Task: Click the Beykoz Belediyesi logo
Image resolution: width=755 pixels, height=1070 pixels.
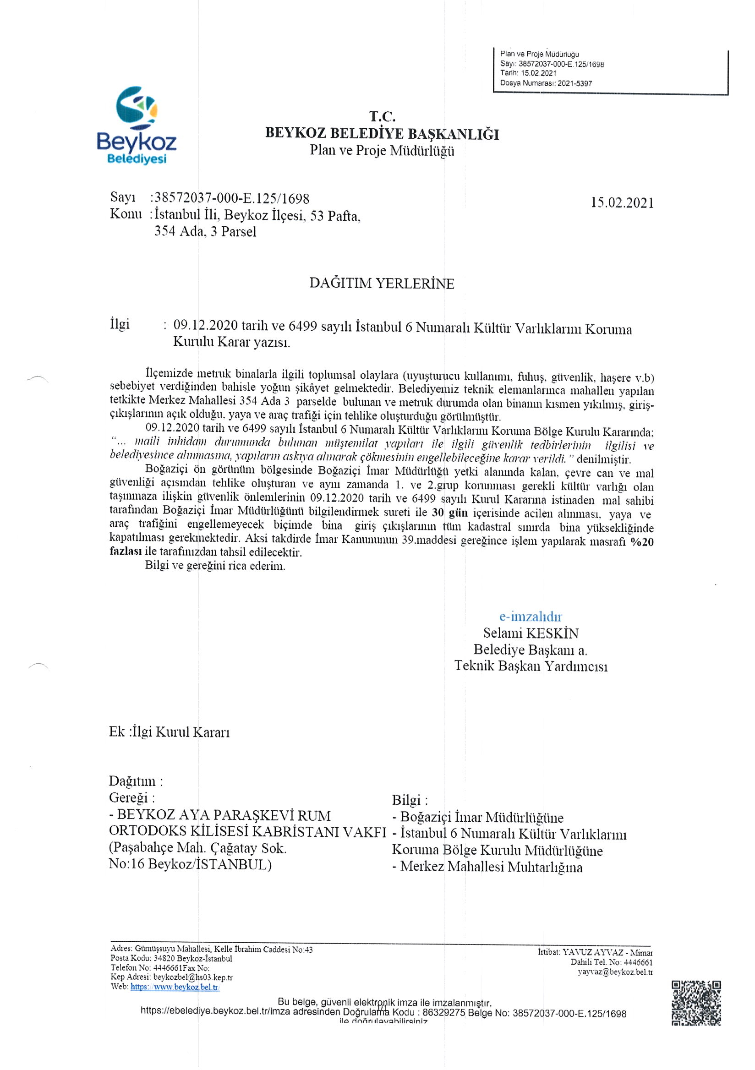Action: click(136, 126)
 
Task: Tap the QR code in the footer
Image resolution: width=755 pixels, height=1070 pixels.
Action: click(696, 1002)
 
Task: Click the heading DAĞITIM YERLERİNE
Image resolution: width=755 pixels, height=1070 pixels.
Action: click(381, 284)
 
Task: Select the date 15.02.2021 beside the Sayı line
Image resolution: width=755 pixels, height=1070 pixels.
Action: click(622, 203)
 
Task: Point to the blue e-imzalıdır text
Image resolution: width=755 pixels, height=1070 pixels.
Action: click(531, 616)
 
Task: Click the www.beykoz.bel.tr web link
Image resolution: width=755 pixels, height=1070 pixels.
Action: click(174, 987)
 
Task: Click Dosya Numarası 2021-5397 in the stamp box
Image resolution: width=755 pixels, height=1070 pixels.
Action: click(546, 83)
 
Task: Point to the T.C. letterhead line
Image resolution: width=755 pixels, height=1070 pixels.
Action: click(382, 116)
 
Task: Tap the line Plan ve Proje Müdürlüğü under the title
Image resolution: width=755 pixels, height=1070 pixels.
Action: click(382, 151)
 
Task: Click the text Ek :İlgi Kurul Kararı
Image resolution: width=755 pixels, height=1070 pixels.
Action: click(169, 732)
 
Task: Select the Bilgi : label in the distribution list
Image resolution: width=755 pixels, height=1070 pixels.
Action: click(410, 800)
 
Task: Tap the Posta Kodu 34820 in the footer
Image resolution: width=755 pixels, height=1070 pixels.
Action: click(171, 959)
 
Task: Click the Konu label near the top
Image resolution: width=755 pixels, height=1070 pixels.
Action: click(126, 214)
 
